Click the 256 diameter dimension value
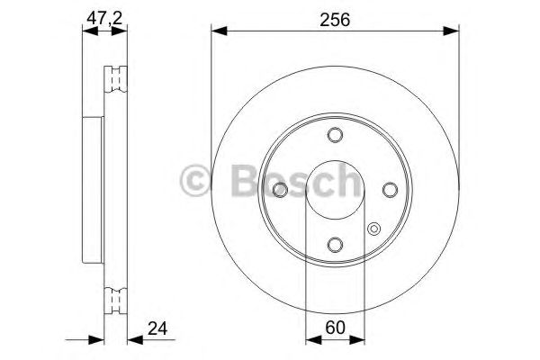point(336,18)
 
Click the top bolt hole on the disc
point(336,135)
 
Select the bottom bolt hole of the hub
point(336,244)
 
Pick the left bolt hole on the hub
point(281,189)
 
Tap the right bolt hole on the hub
point(391,189)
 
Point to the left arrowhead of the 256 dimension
point(217,32)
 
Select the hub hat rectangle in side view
point(93,189)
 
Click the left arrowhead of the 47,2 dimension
point(86,32)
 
